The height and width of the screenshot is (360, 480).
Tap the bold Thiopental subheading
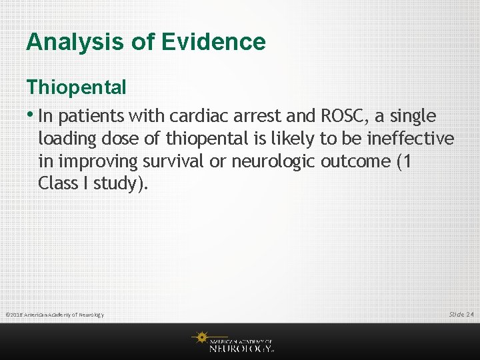point(76,87)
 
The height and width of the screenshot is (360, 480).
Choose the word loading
point(66,139)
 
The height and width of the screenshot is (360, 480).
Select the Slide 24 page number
point(461,314)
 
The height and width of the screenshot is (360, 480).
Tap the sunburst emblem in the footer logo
point(201,338)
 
